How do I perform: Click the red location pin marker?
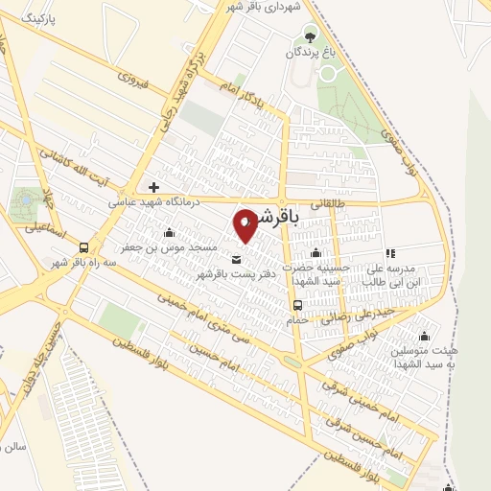(246, 224)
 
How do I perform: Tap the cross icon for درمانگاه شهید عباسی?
(152, 186)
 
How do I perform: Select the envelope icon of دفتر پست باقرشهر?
(237, 258)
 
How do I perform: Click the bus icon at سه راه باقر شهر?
(84, 246)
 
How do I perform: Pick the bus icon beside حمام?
(296, 306)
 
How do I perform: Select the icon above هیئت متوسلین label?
(423, 335)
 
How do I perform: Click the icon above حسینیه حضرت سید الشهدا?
(316, 252)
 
